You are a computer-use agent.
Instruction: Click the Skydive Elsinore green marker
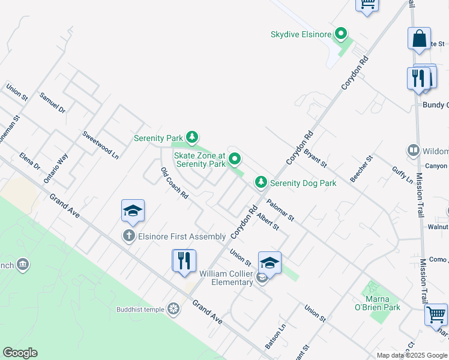[341, 34]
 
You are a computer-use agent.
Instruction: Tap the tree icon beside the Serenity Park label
[191, 137]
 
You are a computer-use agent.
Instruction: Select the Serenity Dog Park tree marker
[261, 182]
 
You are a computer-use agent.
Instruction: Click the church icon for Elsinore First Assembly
[129, 236]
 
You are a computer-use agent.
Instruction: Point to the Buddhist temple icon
[173, 309]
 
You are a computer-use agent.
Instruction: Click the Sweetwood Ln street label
[101, 145]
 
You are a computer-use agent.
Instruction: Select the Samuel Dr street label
[52, 102]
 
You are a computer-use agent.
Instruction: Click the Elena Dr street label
[29, 161]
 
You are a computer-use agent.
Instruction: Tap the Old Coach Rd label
[175, 183]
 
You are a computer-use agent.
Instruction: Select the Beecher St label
[362, 169]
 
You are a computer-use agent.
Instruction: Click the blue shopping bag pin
[419, 39]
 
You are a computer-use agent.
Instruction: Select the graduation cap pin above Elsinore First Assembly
[133, 211]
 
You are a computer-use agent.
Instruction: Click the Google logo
[20, 353]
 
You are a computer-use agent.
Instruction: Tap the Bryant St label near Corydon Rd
[315, 158]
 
